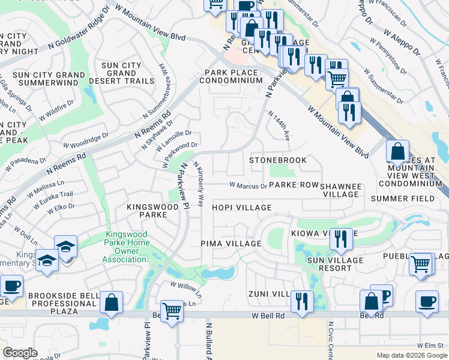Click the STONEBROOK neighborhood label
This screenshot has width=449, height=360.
pyautogui.click(x=278, y=160)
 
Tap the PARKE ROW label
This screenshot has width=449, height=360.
pyautogui.click(x=294, y=185)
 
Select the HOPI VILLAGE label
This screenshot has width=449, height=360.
pyautogui.click(x=241, y=208)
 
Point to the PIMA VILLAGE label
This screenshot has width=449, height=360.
pyautogui.click(x=231, y=244)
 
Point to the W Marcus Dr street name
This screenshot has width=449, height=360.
pyautogui.click(x=248, y=186)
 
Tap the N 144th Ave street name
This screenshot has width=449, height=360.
pyautogui.click(x=279, y=125)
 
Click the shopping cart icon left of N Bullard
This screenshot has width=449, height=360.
pyautogui.click(x=172, y=311)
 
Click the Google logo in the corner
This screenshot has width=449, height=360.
pyautogui.click(x=20, y=353)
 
